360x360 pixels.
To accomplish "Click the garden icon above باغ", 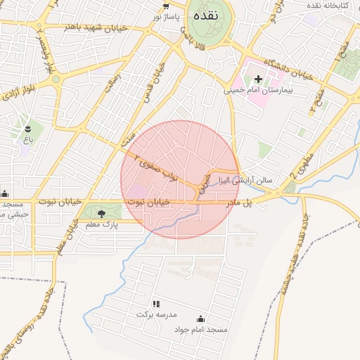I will (27, 129).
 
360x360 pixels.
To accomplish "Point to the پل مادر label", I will (238, 202).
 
